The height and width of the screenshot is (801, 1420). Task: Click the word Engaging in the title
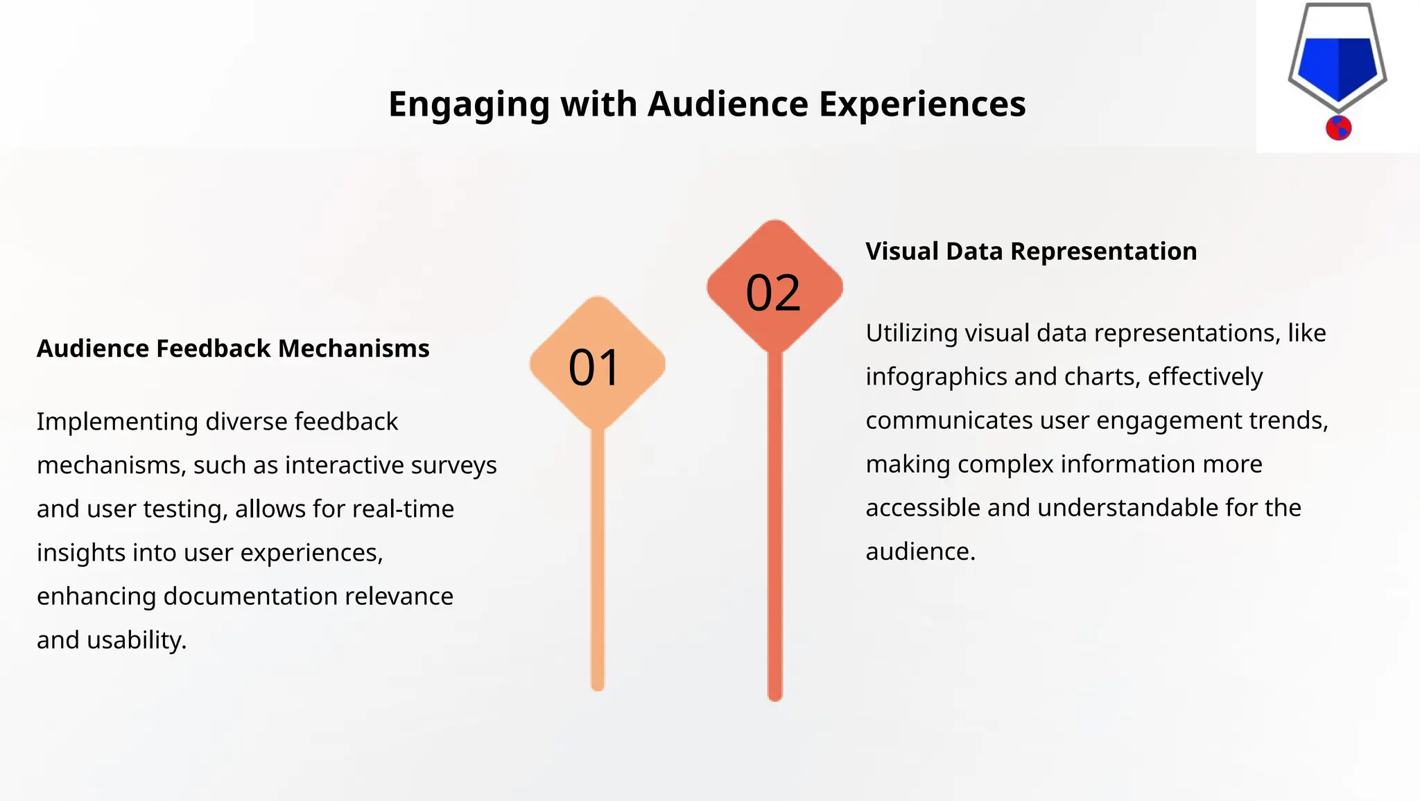tap(469, 105)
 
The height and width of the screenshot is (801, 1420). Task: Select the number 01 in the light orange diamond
tap(594, 367)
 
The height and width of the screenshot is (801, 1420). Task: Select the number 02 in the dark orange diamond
tap(773, 293)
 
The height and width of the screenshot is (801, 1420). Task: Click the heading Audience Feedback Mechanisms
tap(233, 349)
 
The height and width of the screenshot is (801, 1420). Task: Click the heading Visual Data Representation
tap(1031, 251)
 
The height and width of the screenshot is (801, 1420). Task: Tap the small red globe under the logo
tap(1338, 128)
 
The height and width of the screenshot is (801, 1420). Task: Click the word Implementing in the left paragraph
tap(117, 422)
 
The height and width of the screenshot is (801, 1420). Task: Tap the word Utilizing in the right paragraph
tap(912, 333)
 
